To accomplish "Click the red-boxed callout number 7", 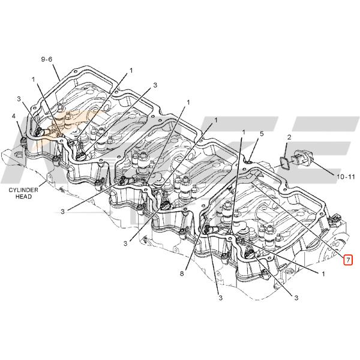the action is click(x=348, y=260).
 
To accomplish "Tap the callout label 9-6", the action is click(x=47, y=59).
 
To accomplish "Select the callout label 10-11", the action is click(x=346, y=176).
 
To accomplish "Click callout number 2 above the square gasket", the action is click(x=289, y=137).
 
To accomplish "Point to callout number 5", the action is click(x=262, y=134).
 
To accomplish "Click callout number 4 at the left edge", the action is click(x=14, y=116).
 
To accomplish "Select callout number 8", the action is click(x=182, y=274).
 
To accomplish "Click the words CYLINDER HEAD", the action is click(x=23, y=193).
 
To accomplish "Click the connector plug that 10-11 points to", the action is click(x=302, y=157).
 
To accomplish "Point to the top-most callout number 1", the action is click(x=131, y=70).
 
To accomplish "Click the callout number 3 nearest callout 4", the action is click(x=19, y=99).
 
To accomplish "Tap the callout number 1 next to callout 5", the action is click(x=244, y=132).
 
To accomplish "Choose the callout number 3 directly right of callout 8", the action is click(x=220, y=298).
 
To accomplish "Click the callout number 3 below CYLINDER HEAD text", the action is click(x=62, y=211).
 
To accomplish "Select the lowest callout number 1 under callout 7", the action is click(x=323, y=274).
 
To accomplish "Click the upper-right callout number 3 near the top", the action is click(x=155, y=85).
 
